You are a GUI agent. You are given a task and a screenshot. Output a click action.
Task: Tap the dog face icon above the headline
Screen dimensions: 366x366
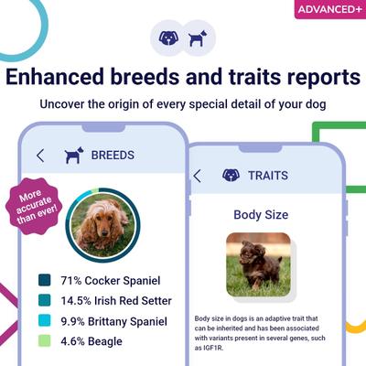[168, 38]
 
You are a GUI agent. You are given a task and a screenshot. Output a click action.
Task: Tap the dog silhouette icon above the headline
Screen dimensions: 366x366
[198, 38]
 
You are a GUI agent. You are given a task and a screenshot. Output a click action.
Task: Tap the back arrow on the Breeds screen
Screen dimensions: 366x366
[40, 156]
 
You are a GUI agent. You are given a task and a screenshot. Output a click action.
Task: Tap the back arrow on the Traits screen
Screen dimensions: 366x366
[197, 175]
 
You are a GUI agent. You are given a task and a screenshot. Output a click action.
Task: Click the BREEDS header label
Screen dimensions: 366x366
[113, 156]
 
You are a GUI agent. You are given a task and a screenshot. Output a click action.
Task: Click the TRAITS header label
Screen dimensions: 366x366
[267, 175]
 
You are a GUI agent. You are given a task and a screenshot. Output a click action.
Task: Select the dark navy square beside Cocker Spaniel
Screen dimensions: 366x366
[44, 280]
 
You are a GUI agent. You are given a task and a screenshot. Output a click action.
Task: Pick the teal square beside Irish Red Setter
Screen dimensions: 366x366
[44, 300]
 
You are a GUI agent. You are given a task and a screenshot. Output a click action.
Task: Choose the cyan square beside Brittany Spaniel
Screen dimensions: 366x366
[44, 321]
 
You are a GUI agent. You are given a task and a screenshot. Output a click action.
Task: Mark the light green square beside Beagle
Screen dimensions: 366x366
[44, 341]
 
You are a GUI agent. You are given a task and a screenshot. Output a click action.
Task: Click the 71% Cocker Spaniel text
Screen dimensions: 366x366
[109, 280]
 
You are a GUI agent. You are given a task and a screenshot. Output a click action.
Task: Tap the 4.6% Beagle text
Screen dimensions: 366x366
[91, 341]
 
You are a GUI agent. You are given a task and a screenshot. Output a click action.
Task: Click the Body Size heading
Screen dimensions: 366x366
[261, 215]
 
